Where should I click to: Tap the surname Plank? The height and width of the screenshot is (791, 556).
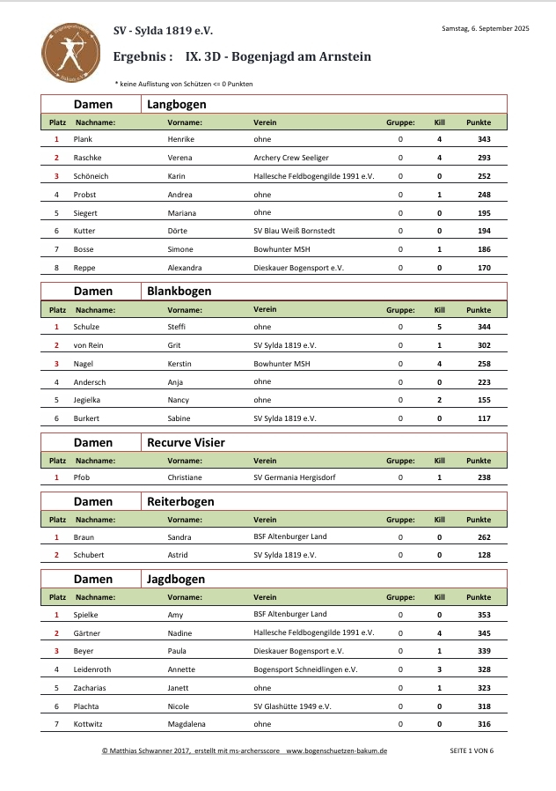point(84,139)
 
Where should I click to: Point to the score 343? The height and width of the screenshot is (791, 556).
point(484,139)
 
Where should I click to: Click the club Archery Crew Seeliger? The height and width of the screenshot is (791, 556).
point(290,158)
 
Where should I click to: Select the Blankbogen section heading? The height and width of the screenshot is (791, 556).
point(179,291)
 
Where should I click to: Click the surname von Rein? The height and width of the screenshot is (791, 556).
point(89,345)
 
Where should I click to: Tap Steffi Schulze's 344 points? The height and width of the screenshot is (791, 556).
point(484,327)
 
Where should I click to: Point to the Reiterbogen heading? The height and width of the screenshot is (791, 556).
point(180,501)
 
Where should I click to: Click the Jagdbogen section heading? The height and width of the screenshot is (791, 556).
point(176,579)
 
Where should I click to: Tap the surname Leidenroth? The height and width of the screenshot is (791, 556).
point(92,669)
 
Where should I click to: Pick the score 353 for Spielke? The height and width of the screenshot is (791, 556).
point(484,615)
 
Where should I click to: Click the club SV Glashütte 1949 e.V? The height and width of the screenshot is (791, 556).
point(292,706)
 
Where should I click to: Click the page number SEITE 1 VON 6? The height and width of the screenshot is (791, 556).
point(472,750)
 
